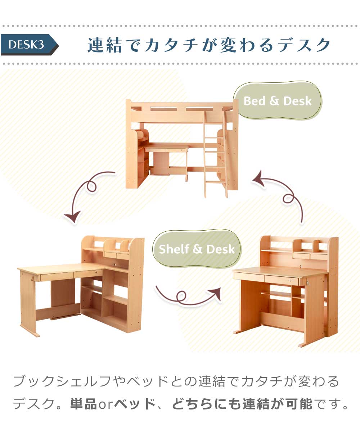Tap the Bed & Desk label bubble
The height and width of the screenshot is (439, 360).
(x=278, y=101)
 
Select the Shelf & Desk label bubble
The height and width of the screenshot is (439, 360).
(x=197, y=249)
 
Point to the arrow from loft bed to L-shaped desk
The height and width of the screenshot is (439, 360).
(x=86, y=194)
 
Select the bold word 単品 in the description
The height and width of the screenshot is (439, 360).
(x=83, y=404)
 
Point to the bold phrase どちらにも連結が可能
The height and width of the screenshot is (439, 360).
(x=242, y=404)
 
